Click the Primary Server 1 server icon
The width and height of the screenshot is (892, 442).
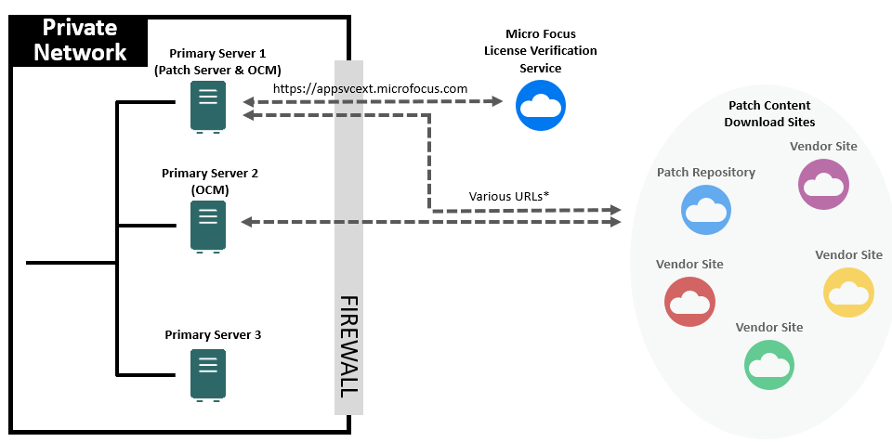pyautogui.click(x=208, y=106)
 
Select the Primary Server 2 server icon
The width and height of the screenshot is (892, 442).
pyautogui.click(x=208, y=226)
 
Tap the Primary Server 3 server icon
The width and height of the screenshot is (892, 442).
pyautogui.click(x=208, y=373)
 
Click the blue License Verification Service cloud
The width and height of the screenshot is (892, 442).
pyautogui.click(x=541, y=104)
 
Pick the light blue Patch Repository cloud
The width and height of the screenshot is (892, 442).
pyautogui.click(x=705, y=209)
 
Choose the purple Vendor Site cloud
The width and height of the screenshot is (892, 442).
pyautogui.click(x=824, y=183)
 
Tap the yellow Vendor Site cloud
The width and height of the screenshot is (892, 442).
pyautogui.click(x=848, y=292)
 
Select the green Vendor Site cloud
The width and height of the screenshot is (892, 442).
pyautogui.click(x=769, y=363)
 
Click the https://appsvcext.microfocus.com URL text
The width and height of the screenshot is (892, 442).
pyautogui.click(x=370, y=88)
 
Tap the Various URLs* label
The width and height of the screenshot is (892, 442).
pyautogui.click(x=509, y=196)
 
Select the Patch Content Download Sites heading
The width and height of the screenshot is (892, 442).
pyautogui.click(x=769, y=114)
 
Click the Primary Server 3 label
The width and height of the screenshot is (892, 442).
pyautogui.click(x=213, y=334)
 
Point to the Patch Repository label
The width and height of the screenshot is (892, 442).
pyautogui.click(x=706, y=172)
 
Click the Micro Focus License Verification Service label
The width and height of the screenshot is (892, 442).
pyautogui.click(x=540, y=50)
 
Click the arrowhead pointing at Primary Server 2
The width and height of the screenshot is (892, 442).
pyautogui.click(x=247, y=222)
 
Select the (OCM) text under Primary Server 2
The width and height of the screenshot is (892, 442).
pyautogui.click(x=209, y=189)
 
